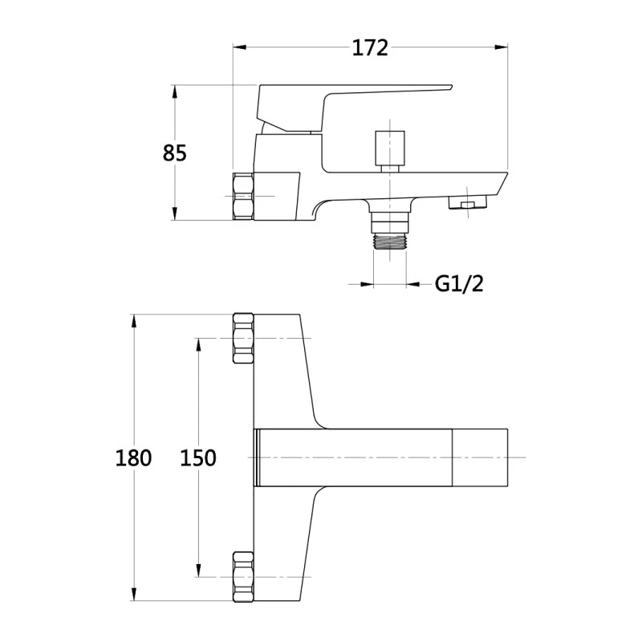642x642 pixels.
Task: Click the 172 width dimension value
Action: pyautogui.click(x=370, y=48)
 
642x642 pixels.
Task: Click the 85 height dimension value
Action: pyautogui.click(x=174, y=153)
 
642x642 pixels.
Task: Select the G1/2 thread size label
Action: pyautogui.click(x=459, y=283)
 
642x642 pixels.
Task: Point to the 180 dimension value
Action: pyautogui.click(x=133, y=457)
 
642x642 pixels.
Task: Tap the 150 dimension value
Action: pyautogui.click(x=198, y=457)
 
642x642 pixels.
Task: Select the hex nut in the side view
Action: pyautogui.click(x=243, y=197)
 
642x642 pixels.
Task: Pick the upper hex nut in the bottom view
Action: pyautogui.click(x=243, y=339)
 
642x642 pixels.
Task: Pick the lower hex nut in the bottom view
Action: pyautogui.click(x=243, y=576)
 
